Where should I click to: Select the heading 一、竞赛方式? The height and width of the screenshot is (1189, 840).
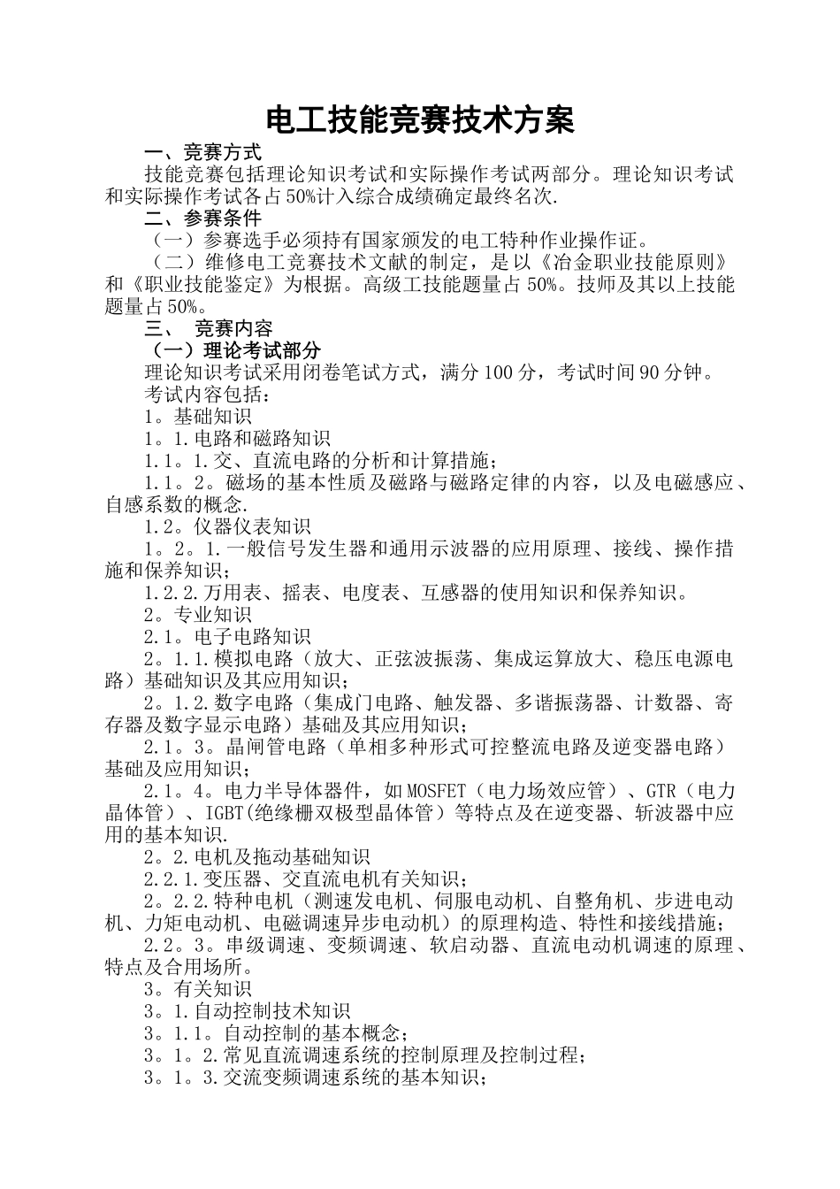pyautogui.click(x=202, y=152)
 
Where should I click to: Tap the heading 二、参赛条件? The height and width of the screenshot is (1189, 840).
pyautogui.click(x=202, y=218)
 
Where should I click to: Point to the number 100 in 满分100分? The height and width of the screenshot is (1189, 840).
pyautogui.click(x=498, y=372)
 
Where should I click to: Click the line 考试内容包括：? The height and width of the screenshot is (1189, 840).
pyautogui.click(x=202, y=394)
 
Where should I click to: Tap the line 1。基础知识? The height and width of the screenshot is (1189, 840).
pyautogui.click(x=197, y=416)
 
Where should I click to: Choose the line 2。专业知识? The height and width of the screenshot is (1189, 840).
pyautogui.click(x=197, y=615)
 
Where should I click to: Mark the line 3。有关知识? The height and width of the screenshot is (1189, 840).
pyautogui.click(x=197, y=989)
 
